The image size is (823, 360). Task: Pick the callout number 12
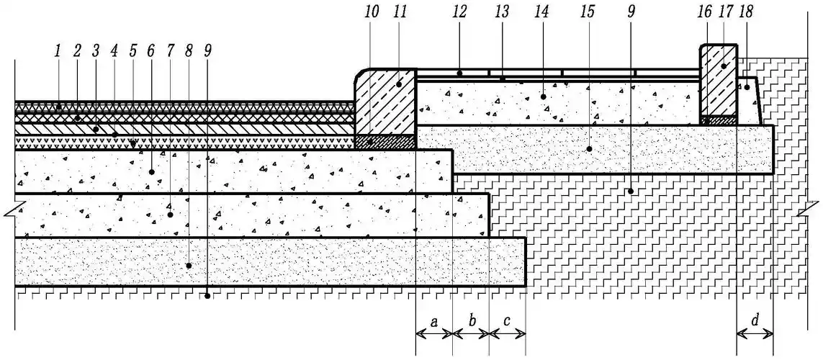(459, 12)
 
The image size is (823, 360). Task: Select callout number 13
(502, 12)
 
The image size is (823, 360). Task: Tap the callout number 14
(541, 12)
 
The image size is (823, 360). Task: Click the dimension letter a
(433, 321)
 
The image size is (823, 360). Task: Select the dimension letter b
(471, 321)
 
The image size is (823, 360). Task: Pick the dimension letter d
(755, 319)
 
